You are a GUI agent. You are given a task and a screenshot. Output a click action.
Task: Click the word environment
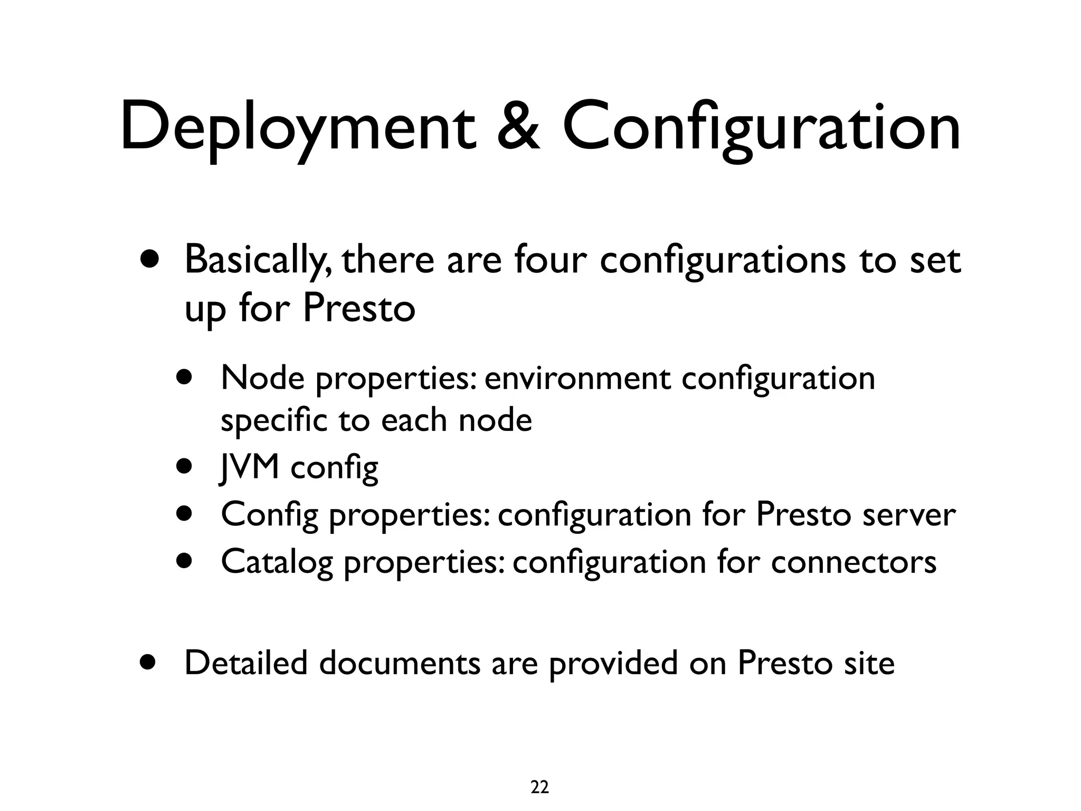coord(577,379)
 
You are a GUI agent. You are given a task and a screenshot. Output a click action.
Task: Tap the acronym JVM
coord(249,467)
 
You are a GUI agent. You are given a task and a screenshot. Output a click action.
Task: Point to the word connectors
coord(854,561)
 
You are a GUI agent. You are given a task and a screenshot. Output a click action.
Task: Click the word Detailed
coord(245,663)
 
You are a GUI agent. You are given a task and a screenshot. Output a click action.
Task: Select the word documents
coord(400,663)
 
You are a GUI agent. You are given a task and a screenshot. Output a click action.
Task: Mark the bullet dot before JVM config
coord(185,467)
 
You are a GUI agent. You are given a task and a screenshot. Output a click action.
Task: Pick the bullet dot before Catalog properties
coord(185,560)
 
